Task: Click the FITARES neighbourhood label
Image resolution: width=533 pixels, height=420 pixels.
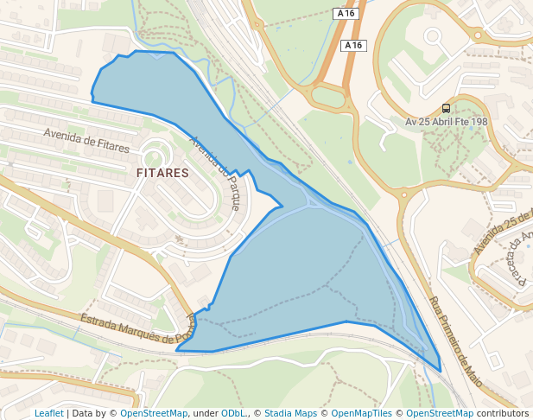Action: click(162, 173)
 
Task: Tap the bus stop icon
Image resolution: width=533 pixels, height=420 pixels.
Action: click(446, 108)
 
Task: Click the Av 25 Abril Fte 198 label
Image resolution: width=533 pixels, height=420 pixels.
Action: click(446, 122)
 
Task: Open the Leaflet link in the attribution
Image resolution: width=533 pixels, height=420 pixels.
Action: click(48, 413)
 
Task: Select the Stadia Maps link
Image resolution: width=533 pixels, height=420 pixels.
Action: click(290, 413)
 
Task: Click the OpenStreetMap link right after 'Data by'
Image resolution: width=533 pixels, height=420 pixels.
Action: click(154, 413)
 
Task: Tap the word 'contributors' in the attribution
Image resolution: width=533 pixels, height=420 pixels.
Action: click(503, 413)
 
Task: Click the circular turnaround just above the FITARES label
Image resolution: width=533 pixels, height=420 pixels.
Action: click(155, 156)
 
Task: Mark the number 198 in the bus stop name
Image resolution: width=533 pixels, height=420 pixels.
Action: click(479, 122)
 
